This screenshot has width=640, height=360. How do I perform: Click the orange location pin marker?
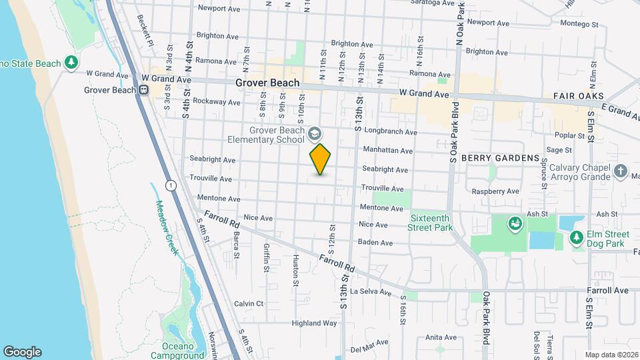[x=320, y=159]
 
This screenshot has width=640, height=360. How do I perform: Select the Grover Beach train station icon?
[x=143, y=90]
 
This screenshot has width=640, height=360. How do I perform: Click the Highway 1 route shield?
[x=171, y=186]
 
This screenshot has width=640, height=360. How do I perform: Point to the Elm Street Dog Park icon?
[x=575, y=237]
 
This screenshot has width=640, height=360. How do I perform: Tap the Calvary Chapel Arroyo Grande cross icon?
[x=621, y=171]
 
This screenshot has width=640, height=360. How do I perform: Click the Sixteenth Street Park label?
[x=430, y=223]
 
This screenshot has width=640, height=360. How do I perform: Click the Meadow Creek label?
[x=167, y=226]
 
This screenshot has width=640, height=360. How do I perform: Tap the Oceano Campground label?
[x=183, y=351]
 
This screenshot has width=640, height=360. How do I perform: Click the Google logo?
[x=22, y=352]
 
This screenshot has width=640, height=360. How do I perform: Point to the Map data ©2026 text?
[x=611, y=354]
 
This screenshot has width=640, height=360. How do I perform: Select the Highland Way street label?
[x=315, y=323]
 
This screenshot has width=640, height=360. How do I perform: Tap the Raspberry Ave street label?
[x=495, y=191]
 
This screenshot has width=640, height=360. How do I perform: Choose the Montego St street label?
[x=579, y=24]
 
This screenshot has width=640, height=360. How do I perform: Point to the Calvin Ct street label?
[x=249, y=303]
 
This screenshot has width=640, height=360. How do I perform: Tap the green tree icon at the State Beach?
[x=71, y=63]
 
